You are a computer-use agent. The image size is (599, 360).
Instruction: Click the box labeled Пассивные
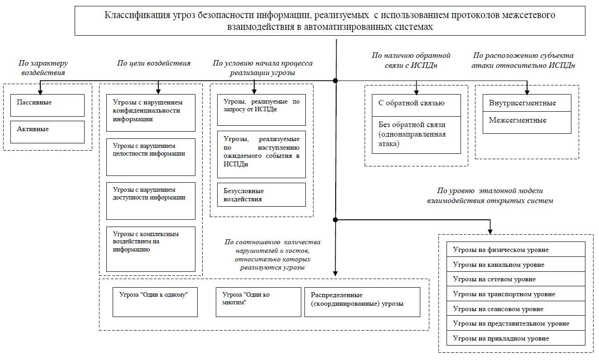click(x=48, y=105)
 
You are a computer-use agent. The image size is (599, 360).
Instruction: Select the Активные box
click(x=48, y=132)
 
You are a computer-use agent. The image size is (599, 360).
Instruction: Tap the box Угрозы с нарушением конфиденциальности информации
click(x=151, y=113)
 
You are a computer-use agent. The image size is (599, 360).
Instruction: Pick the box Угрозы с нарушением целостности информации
click(x=151, y=156)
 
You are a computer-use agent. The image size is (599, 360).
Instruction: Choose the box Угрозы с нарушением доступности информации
click(x=151, y=201)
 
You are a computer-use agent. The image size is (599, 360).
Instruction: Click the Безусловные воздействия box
click(x=261, y=194)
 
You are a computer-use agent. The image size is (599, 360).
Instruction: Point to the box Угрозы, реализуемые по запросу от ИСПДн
click(x=261, y=110)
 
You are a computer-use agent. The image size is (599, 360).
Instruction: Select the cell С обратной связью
click(x=416, y=104)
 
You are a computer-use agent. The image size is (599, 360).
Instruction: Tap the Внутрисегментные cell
click(x=527, y=104)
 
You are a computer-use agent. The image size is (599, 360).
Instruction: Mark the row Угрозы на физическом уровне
click(x=516, y=250)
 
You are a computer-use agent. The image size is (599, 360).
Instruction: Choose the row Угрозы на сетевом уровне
click(x=516, y=279)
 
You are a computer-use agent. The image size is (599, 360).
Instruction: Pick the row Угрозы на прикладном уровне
click(x=516, y=338)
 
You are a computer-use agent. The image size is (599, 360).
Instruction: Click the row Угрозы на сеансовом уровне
click(x=516, y=309)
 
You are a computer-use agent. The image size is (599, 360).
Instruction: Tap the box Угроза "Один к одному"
click(x=155, y=302)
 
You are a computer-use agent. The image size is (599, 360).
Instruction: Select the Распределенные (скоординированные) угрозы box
click(x=362, y=302)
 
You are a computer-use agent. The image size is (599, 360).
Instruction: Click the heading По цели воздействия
click(x=154, y=63)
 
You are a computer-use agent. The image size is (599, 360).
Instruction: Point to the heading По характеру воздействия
click(x=43, y=68)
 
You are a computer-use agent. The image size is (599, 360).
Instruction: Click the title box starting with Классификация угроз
click(x=330, y=21)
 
